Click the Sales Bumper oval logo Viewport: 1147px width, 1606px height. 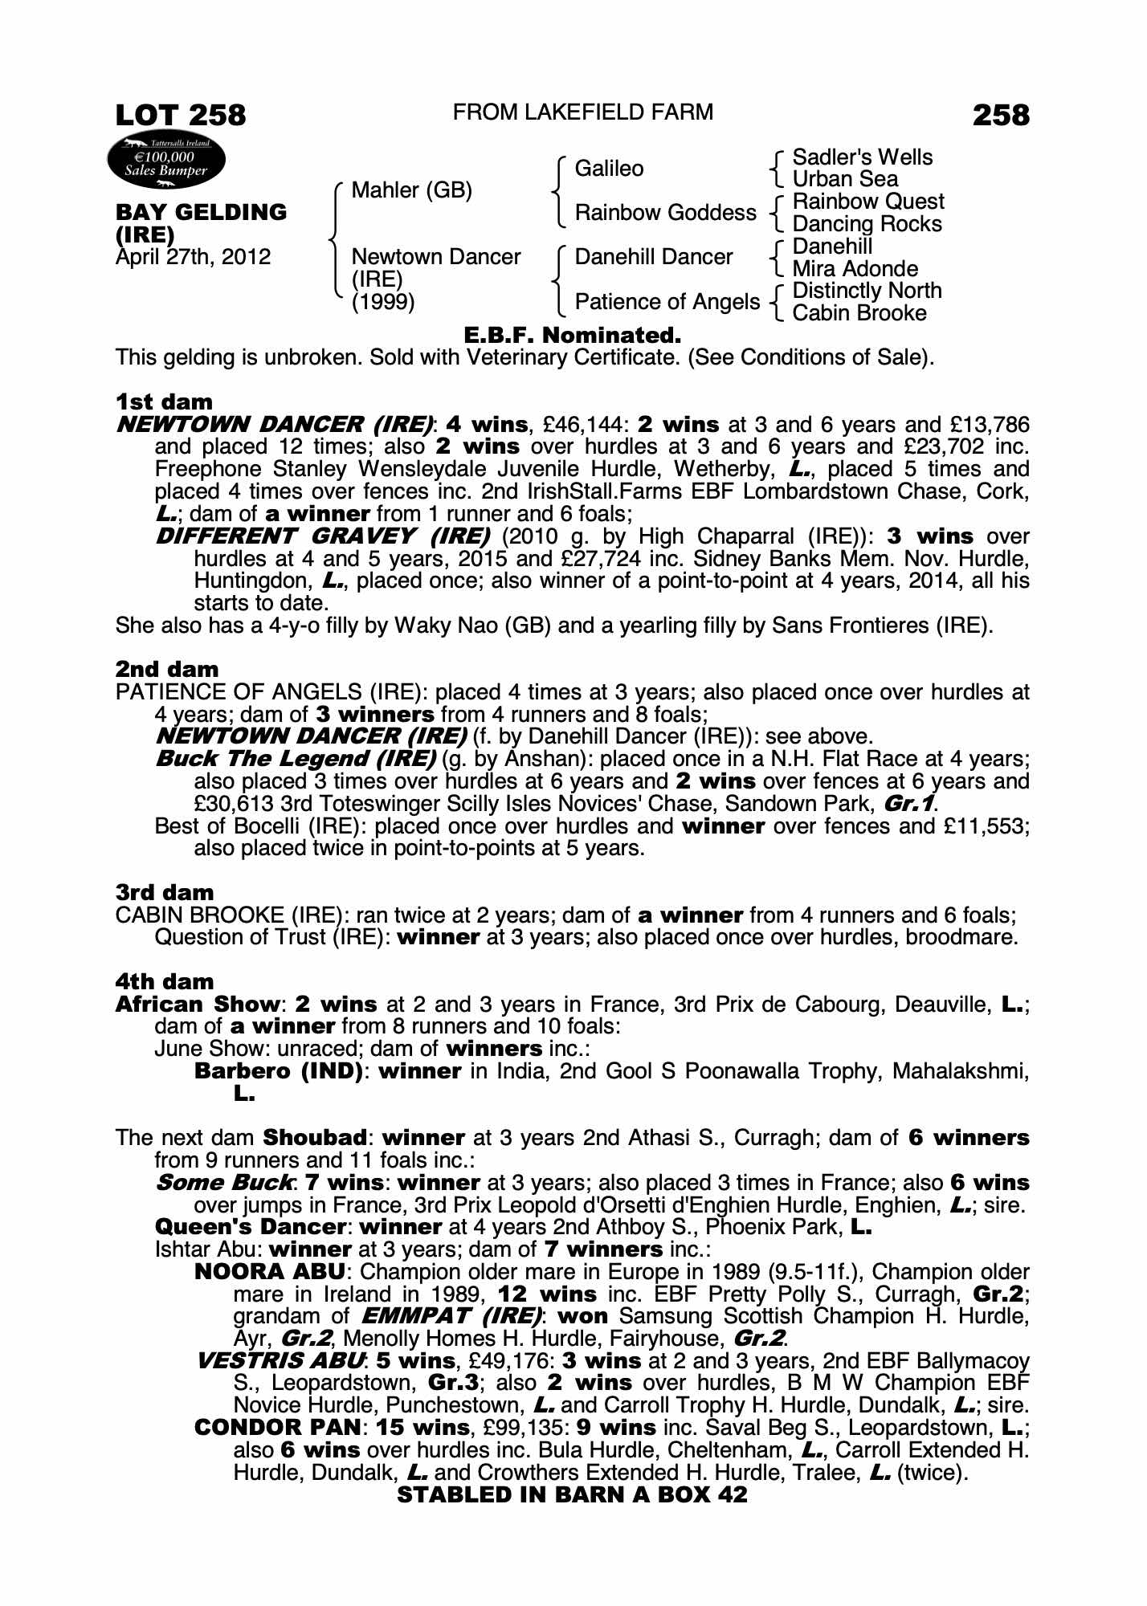point(165,162)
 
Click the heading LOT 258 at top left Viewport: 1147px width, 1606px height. point(181,115)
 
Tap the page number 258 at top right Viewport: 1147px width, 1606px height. point(1000,115)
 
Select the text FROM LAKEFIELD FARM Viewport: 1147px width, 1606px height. point(582,112)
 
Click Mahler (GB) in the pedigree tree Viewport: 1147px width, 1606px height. point(411,190)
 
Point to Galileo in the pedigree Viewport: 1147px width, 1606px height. point(609,169)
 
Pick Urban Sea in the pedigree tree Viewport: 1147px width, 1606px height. point(844,179)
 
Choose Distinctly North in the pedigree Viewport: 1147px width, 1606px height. point(867,291)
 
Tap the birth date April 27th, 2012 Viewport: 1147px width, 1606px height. point(193,257)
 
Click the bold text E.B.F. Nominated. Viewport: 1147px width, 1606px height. point(573,335)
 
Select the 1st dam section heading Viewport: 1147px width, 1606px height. point(164,401)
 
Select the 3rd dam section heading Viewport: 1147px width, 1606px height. point(164,892)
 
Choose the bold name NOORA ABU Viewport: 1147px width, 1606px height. point(270,1272)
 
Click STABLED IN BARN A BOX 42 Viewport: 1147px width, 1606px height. point(572,1494)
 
